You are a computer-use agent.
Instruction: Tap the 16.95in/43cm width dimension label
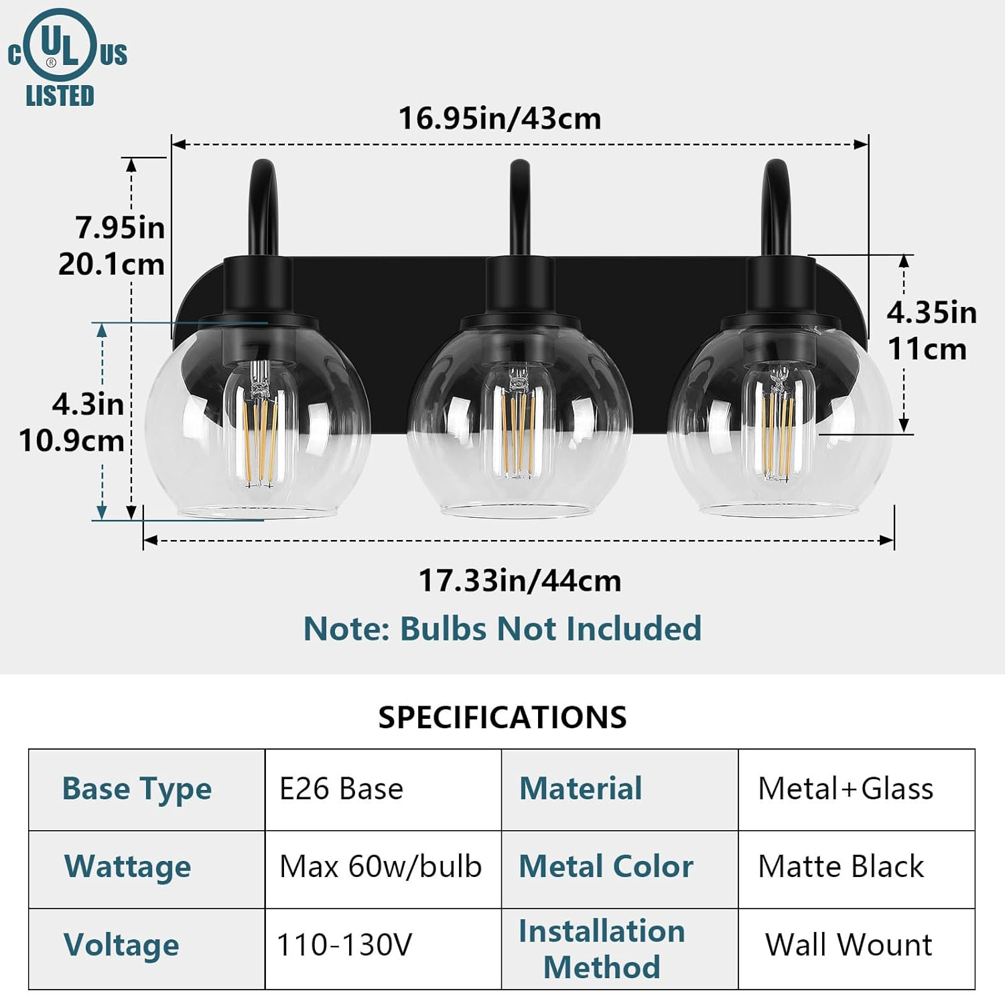point(500,119)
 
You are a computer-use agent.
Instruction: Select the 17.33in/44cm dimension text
point(520,580)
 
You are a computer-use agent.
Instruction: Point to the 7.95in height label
point(119,228)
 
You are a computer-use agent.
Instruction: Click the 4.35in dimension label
point(931,313)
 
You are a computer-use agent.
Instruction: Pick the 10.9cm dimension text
point(72,441)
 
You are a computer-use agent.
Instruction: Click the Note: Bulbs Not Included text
point(503,628)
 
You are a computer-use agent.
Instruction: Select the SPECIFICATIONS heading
point(503,717)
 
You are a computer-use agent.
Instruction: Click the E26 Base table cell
point(342,789)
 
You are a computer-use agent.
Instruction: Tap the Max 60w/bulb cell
point(381,866)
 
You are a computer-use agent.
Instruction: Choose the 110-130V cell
point(344,945)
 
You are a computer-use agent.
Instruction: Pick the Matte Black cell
point(841,866)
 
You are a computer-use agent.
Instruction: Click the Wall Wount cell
point(848,945)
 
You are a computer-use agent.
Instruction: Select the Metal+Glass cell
point(846,789)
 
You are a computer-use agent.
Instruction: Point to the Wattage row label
point(128,866)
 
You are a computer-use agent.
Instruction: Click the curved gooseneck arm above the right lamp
point(777,201)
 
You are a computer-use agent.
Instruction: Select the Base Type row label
point(137,789)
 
